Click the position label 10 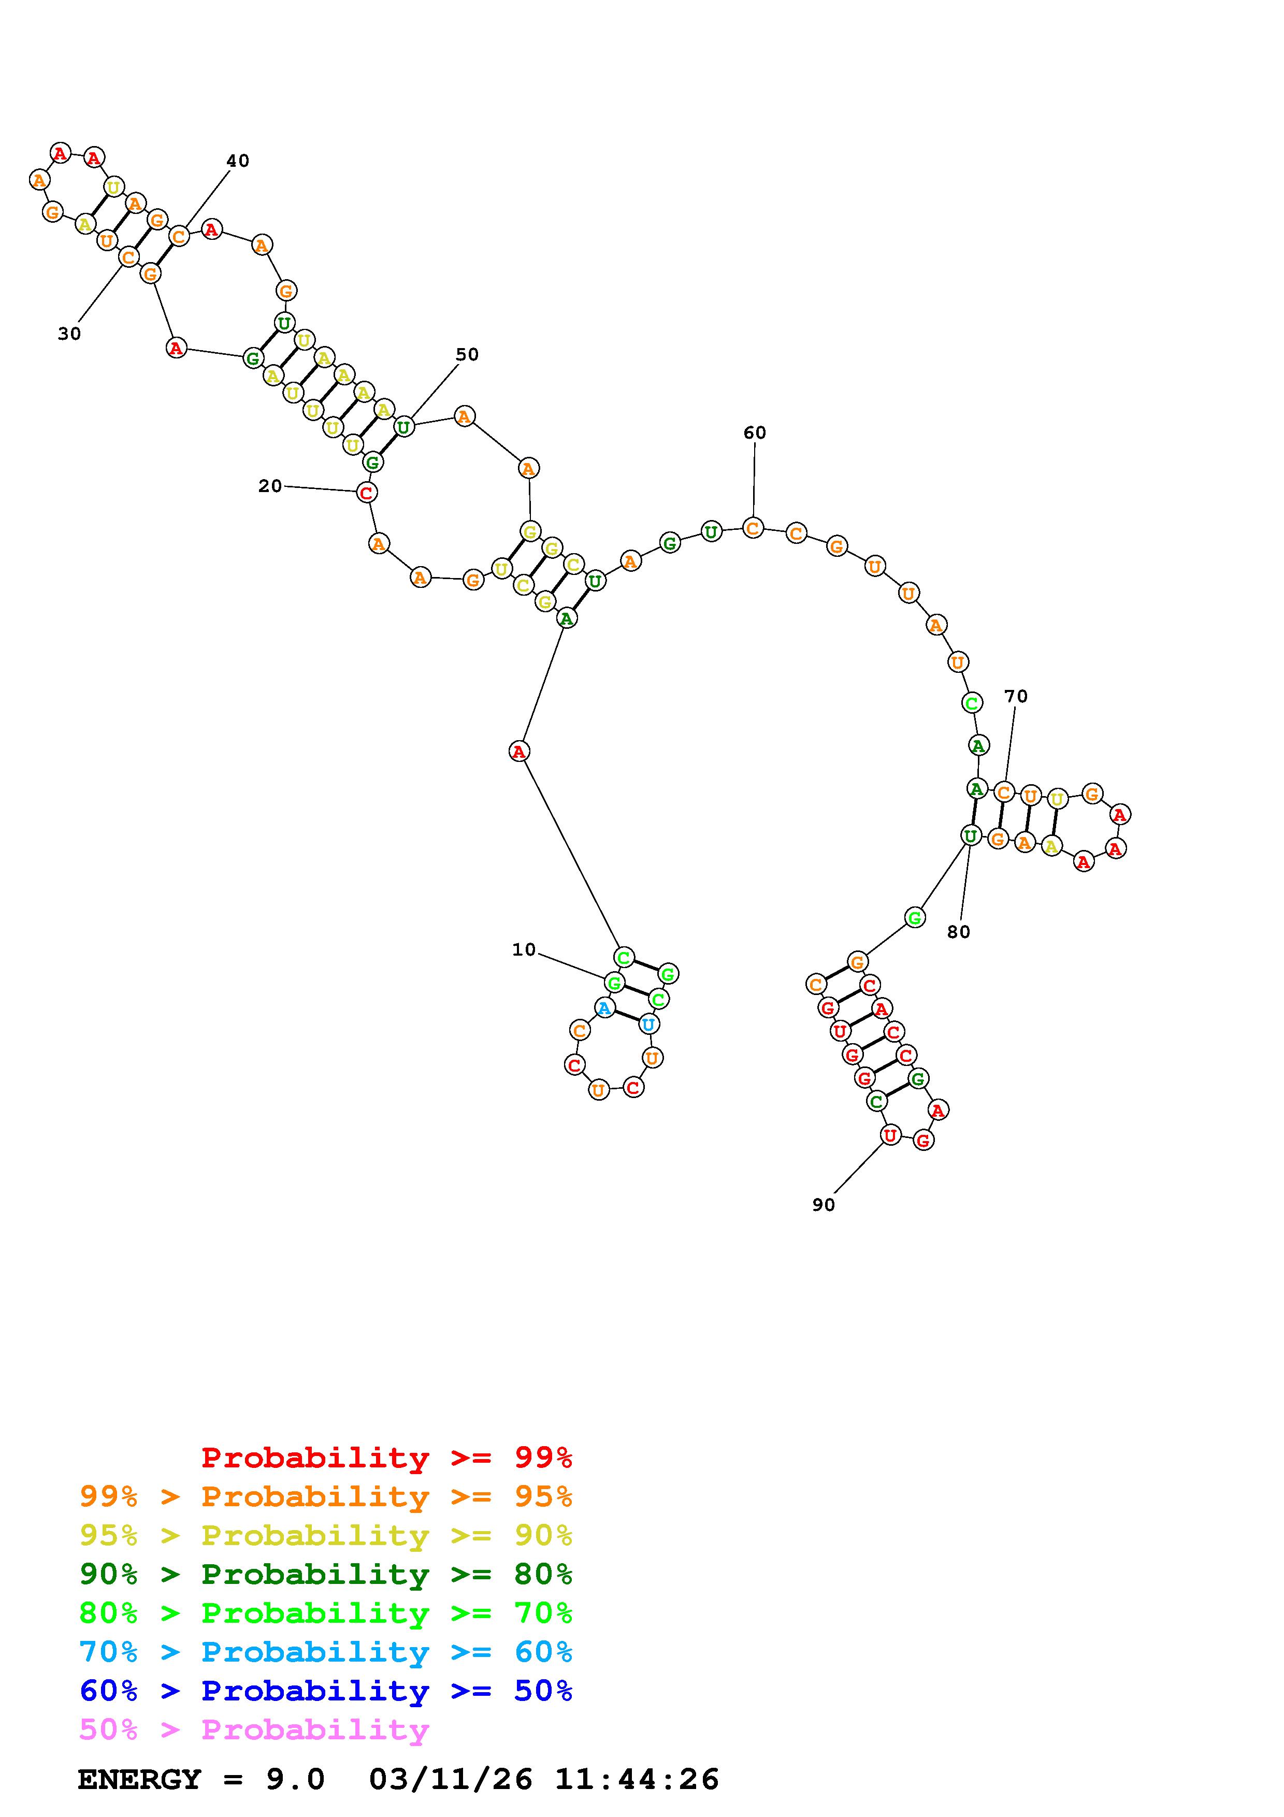pyautogui.click(x=524, y=949)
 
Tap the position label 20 pyautogui.click(x=270, y=486)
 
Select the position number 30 pyautogui.click(x=69, y=334)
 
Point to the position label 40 pyautogui.click(x=237, y=161)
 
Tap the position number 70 pyautogui.click(x=1016, y=697)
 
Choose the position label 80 pyautogui.click(x=958, y=932)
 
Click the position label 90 pyautogui.click(x=824, y=1204)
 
